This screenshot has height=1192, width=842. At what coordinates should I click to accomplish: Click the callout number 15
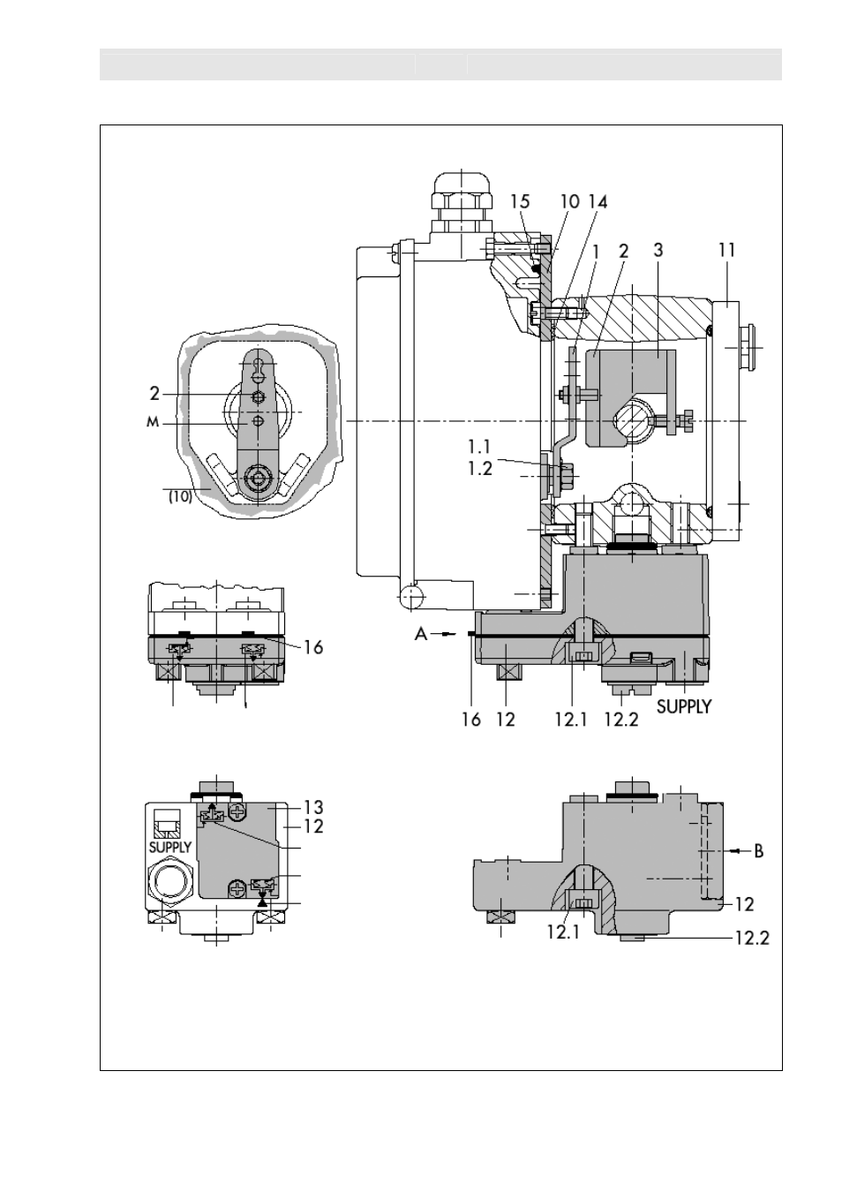520,201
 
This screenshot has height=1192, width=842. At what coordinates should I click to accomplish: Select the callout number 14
598,201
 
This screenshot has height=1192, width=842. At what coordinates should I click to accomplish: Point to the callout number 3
658,250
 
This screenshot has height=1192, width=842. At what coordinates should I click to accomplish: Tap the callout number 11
726,250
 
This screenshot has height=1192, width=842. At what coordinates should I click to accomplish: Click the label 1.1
480,446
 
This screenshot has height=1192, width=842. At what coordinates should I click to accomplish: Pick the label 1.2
480,469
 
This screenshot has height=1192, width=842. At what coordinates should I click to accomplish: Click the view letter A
421,634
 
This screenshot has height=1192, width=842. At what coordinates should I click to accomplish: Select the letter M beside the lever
153,423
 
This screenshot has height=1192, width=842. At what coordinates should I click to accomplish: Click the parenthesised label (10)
180,497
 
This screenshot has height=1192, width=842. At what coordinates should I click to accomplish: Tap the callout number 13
313,807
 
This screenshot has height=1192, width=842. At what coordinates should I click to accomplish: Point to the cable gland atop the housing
462,205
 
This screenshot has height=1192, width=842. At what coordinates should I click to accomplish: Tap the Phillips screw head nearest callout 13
236,811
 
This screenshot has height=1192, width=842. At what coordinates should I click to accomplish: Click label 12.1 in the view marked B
563,932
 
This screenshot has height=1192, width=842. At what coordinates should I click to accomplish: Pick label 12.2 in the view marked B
752,937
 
